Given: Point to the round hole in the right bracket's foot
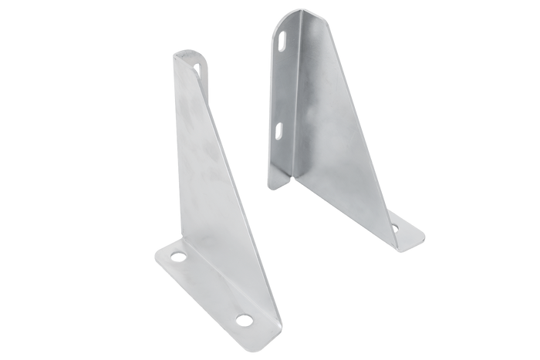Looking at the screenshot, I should coord(397,227).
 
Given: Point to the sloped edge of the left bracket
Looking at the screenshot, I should coord(239,193).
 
